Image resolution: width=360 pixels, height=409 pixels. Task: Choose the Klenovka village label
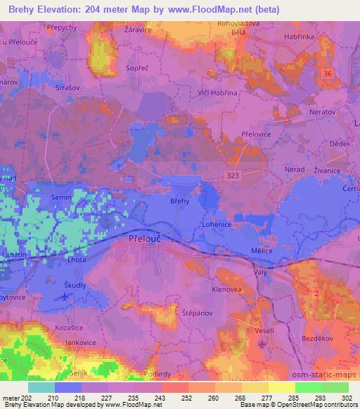click(x=227, y=289)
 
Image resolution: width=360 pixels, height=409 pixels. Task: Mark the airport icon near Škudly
click(x=65, y=297)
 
